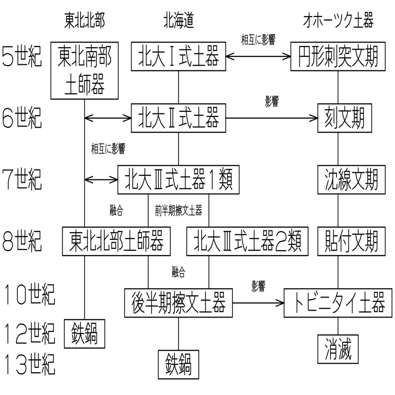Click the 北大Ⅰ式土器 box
coord(179,56)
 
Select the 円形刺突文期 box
coord(338,56)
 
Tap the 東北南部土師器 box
coord(85,70)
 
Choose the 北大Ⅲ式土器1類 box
coord(178,181)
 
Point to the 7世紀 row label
coord(22,181)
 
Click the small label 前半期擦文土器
coord(178,211)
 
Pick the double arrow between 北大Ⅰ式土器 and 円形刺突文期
coord(258,56)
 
